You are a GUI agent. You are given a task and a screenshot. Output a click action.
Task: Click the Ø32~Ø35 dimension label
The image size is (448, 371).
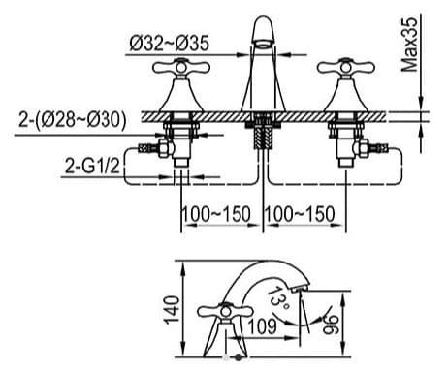coord(170,43)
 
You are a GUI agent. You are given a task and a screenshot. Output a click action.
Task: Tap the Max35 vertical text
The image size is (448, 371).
coord(409,45)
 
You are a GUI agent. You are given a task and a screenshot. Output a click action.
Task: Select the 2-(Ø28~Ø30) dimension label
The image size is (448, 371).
coord(72,120)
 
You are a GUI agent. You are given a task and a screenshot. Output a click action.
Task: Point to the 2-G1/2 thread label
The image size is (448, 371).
coord(92,167)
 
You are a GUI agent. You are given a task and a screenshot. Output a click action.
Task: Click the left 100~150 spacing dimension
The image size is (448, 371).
coord(216,214)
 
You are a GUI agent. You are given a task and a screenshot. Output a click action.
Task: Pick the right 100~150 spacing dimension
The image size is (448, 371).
coord(300,214)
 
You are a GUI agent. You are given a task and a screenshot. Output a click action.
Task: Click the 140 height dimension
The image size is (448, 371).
coord(172,309)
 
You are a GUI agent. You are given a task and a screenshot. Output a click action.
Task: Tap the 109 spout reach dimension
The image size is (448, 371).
coord(263,326)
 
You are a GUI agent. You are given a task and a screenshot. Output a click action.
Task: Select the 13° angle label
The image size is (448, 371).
coord(277,297)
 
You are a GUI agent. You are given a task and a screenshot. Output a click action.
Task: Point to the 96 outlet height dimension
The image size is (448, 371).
coord(331,325)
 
